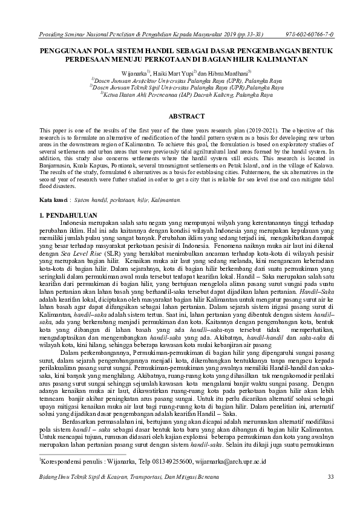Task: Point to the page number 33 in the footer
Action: [330, 478]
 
